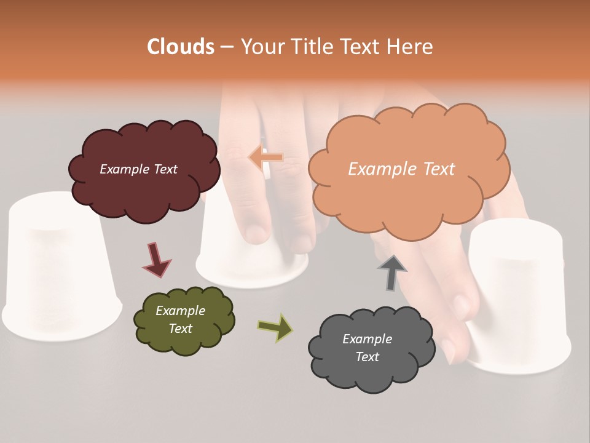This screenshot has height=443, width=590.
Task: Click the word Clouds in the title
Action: (x=181, y=47)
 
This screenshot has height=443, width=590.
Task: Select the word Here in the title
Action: (x=412, y=47)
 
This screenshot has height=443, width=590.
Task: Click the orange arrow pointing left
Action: (x=265, y=158)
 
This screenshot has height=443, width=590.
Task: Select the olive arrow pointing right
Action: (x=275, y=327)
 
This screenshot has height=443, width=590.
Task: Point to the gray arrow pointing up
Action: (x=391, y=273)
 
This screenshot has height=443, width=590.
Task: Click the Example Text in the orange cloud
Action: (x=401, y=169)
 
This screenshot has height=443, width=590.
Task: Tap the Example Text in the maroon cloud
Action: (x=138, y=169)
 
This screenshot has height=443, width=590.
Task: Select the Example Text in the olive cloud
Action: (x=180, y=319)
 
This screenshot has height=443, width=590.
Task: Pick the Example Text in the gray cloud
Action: (x=367, y=348)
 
